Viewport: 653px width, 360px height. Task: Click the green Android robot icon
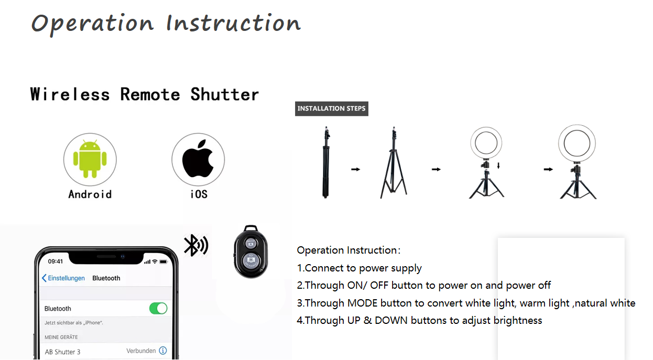[x=90, y=159]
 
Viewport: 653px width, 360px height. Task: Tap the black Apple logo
[x=198, y=158]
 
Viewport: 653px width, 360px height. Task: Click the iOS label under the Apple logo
[x=199, y=194]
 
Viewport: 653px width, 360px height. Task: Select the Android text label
[x=90, y=194]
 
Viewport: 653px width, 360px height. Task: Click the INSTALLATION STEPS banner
[x=331, y=108]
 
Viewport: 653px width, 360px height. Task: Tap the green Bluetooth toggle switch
[x=158, y=308]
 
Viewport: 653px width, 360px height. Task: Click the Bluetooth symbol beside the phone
[x=195, y=245]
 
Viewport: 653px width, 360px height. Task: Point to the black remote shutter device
[x=251, y=252]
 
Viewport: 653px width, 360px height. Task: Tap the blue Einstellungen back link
[x=63, y=278]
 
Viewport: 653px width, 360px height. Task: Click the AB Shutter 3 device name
[x=62, y=352]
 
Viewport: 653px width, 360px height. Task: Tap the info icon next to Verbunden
[x=163, y=351]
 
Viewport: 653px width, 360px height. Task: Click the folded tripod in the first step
[x=326, y=162]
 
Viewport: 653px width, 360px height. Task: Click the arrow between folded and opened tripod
[x=356, y=169]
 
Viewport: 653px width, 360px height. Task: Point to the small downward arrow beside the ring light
[x=498, y=166]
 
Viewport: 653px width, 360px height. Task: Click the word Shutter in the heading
[x=224, y=94]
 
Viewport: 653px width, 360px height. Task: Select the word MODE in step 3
[x=362, y=303]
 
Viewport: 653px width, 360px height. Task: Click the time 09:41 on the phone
[x=56, y=261]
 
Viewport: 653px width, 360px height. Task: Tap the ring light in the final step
[x=577, y=144]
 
